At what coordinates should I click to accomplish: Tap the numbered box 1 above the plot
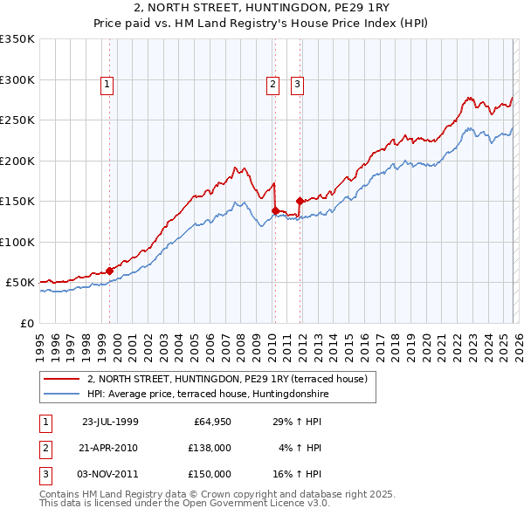(107, 85)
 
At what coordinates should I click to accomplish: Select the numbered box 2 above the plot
(272, 85)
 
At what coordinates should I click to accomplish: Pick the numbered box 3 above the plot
(297, 85)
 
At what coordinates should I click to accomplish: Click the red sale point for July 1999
(110, 271)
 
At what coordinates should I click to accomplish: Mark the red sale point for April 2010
(275, 210)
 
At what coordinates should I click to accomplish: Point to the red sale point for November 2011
(300, 201)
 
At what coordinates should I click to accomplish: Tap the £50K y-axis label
(21, 283)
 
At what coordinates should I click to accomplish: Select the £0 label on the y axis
(28, 323)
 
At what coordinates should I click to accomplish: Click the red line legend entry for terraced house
(227, 379)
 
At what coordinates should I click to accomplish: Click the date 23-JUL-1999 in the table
(110, 422)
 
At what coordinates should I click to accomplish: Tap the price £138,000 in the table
(210, 448)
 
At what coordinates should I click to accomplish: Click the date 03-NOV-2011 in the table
(110, 474)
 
